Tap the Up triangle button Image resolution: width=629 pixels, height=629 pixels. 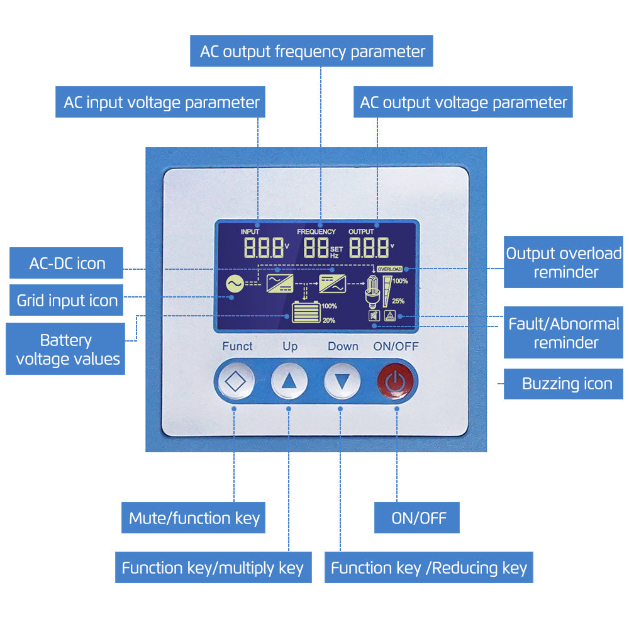[x=289, y=381]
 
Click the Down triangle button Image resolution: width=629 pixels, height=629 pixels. [x=342, y=381]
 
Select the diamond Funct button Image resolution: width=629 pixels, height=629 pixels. [x=235, y=381]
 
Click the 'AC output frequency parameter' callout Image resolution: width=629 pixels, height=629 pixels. [x=312, y=51]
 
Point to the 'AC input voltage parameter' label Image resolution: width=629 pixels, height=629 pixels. [x=161, y=102]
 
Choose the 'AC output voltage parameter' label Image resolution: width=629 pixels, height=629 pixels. [x=463, y=102]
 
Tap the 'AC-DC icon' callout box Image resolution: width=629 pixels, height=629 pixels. [x=67, y=263]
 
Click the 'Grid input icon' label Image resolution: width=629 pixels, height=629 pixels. [x=67, y=300]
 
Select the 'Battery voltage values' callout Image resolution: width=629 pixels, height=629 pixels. [x=66, y=349]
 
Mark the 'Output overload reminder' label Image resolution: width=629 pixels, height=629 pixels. [x=564, y=262]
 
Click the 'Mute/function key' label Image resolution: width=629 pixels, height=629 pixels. [x=194, y=518]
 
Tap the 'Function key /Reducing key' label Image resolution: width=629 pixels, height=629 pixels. [x=428, y=568]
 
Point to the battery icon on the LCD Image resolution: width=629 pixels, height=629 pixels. [x=306, y=313]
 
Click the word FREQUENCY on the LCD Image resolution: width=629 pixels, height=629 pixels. [x=316, y=232]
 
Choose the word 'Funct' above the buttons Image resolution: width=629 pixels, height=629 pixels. [x=237, y=346]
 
